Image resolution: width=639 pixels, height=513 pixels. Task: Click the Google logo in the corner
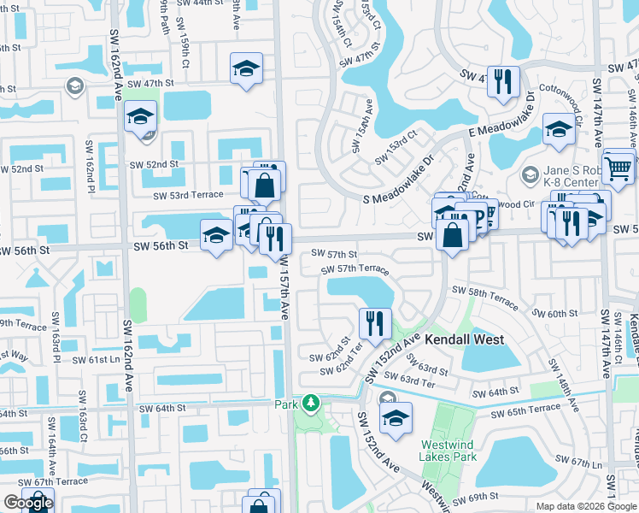click(x=27, y=503)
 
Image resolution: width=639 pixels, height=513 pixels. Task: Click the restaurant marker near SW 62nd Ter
click(x=375, y=324)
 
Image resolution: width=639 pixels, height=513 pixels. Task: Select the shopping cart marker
click(x=618, y=168)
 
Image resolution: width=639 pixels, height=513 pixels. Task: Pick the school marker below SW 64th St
click(x=396, y=419)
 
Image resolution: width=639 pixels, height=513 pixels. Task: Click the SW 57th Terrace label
click(x=355, y=268)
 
